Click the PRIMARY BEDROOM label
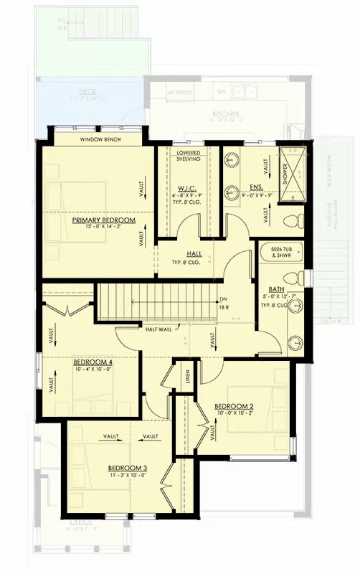[103, 220]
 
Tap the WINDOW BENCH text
[100, 139]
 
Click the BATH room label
[277, 289]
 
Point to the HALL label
[194, 254]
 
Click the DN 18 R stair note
[224, 303]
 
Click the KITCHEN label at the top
[225, 114]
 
